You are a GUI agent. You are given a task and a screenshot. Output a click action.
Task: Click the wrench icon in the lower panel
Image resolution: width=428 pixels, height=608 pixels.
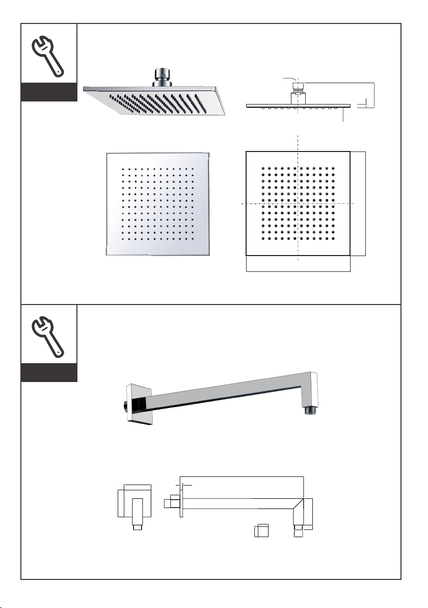(48, 336)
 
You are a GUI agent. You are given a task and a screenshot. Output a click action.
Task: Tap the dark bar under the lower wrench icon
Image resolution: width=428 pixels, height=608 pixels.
(49, 373)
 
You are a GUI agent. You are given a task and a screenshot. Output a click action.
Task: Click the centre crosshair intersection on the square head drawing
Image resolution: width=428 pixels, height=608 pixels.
(298, 203)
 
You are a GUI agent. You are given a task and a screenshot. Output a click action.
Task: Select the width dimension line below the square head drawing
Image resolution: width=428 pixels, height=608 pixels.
(298, 271)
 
